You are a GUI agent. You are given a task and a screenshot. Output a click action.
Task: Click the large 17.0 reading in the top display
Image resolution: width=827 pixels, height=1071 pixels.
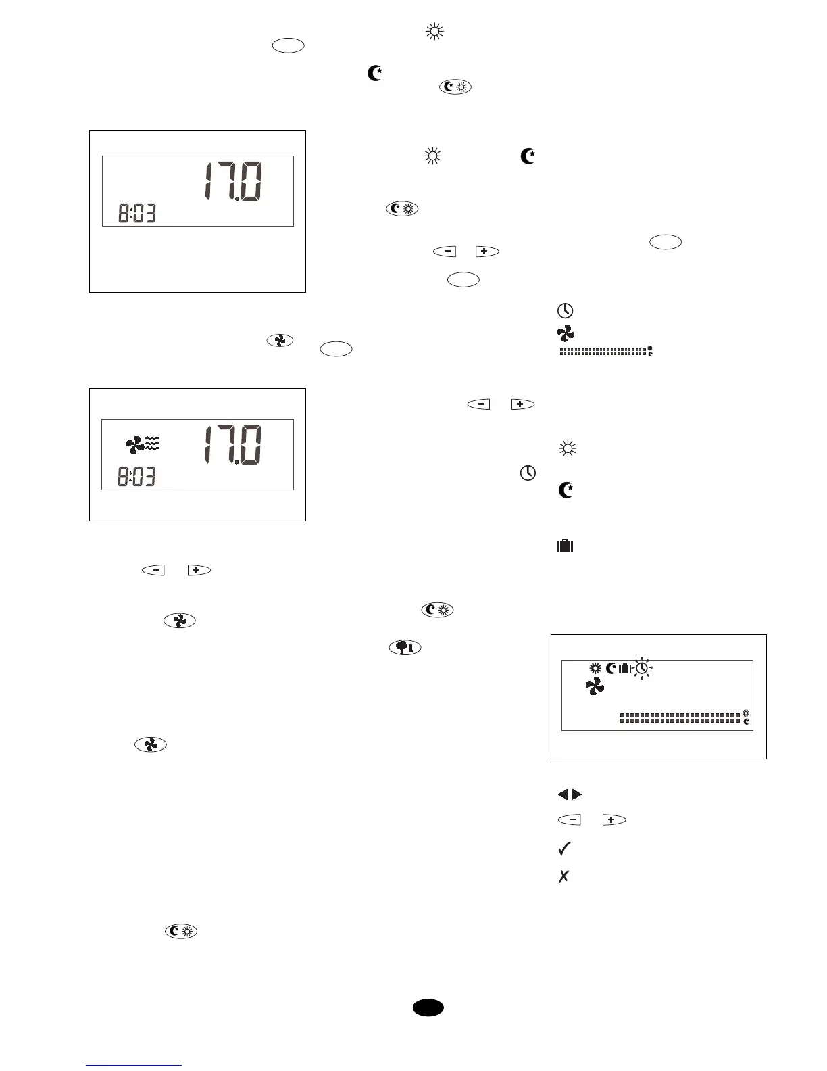tap(234, 182)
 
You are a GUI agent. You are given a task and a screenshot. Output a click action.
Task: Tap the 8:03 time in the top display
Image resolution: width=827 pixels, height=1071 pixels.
tap(137, 214)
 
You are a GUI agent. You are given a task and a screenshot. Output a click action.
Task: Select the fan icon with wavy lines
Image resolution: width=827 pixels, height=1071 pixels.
tap(143, 444)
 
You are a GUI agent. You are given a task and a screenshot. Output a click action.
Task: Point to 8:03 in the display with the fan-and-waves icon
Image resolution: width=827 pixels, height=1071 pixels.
tap(137, 477)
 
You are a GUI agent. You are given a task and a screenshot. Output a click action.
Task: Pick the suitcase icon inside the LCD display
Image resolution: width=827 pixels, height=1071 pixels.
tap(624, 668)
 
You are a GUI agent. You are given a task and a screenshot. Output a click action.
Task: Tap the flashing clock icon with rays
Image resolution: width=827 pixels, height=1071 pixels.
tap(642, 668)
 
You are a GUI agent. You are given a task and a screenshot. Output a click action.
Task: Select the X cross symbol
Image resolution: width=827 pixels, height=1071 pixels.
tap(563, 876)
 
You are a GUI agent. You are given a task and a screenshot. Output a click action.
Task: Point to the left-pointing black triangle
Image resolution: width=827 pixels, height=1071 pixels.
tap(563, 794)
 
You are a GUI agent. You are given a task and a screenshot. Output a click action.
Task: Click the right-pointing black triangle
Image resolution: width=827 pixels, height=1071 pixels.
tap(577, 794)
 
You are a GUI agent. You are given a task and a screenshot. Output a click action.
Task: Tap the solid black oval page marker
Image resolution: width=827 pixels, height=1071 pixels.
tap(428, 1007)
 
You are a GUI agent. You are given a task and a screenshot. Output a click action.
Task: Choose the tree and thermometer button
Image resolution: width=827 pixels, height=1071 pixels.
tap(405, 647)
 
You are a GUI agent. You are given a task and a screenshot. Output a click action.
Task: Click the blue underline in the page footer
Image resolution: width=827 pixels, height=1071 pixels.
tap(134, 1066)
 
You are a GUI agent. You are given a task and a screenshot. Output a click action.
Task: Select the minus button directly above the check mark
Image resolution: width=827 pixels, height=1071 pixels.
tap(570, 819)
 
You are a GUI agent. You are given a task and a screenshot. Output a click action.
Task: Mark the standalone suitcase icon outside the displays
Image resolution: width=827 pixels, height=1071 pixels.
tap(565, 545)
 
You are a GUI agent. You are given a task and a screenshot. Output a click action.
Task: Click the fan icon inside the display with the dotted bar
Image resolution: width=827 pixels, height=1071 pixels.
tap(595, 687)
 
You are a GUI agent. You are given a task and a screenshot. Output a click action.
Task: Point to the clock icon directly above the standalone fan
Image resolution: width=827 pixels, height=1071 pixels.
tap(565, 310)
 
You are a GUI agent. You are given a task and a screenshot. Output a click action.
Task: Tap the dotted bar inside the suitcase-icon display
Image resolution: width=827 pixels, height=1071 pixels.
tap(679, 718)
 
